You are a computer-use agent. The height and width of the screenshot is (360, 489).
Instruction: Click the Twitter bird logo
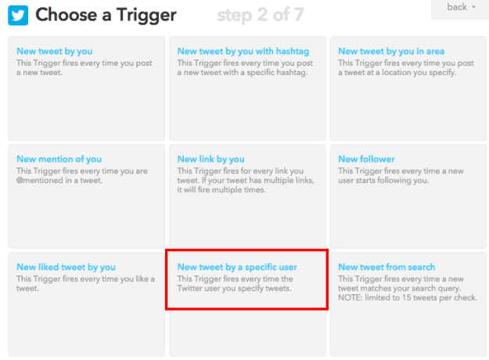click(x=17, y=15)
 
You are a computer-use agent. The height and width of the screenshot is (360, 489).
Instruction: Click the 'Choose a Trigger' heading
click(x=106, y=15)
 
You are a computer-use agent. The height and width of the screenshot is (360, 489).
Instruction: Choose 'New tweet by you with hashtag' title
click(x=242, y=52)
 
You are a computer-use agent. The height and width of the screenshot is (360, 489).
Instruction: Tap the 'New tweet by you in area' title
click(x=391, y=52)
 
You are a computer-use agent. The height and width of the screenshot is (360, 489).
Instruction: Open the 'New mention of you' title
click(x=59, y=160)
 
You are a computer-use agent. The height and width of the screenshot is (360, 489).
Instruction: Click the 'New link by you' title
click(x=210, y=160)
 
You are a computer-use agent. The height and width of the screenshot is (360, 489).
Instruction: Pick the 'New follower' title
click(x=366, y=160)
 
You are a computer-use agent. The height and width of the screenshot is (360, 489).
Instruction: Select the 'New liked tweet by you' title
click(x=66, y=268)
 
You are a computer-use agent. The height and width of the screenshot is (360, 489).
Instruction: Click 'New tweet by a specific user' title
click(x=237, y=268)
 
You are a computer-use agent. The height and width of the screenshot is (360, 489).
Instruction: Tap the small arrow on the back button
click(x=474, y=7)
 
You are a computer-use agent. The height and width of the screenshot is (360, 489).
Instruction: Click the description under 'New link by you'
click(x=246, y=181)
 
